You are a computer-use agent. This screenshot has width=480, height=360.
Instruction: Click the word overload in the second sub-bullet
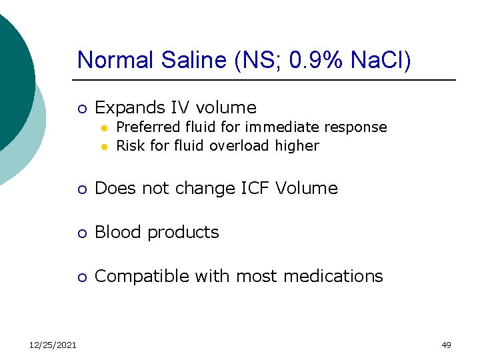coord(240,145)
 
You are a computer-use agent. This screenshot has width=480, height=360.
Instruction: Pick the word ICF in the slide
coord(251,189)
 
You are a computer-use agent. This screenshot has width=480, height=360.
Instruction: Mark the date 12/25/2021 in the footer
coord(53,345)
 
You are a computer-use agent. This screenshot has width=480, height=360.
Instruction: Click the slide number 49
coord(446,345)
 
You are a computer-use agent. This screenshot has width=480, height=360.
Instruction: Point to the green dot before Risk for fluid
coord(104,146)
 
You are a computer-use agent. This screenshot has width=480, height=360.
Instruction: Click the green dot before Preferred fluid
coord(104,127)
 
